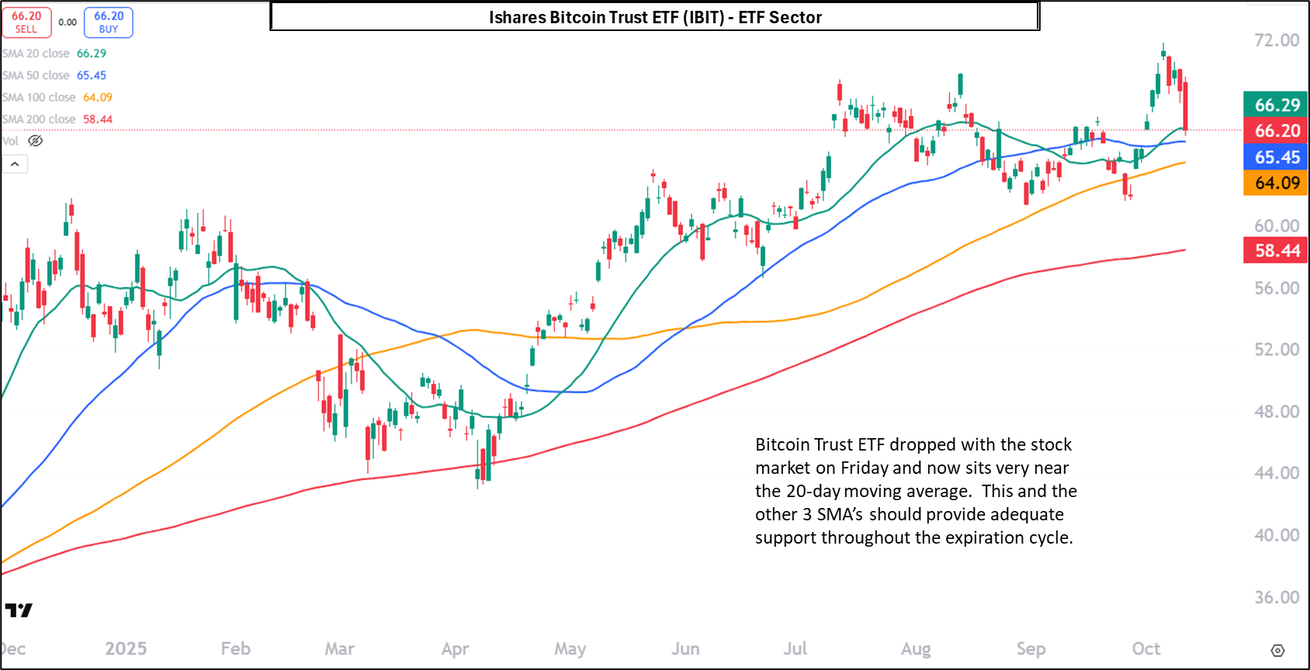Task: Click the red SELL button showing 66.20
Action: coord(26,22)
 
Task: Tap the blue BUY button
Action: coord(109,22)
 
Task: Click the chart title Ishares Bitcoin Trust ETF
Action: coord(654,17)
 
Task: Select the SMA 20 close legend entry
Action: coord(54,54)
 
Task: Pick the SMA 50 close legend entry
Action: coord(54,75)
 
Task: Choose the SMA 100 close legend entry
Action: coord(57,97)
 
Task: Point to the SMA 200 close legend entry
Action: coord(57,119)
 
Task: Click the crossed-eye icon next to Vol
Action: coord(36,140)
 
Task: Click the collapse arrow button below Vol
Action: coord(15,164)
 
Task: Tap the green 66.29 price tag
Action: coord(1277,105)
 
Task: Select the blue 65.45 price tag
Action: coord(1277,157)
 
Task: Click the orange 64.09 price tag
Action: coord(1277,183)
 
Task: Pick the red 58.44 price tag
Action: coord(1277,250)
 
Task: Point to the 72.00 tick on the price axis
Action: coord(1277,40)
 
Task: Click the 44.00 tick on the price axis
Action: coord(1277,473)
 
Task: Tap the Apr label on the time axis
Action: coord(455,648)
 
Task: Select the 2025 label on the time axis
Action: coord(126,648)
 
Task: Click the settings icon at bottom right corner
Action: coord(1277,650)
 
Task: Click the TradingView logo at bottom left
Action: coord(19,610)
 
